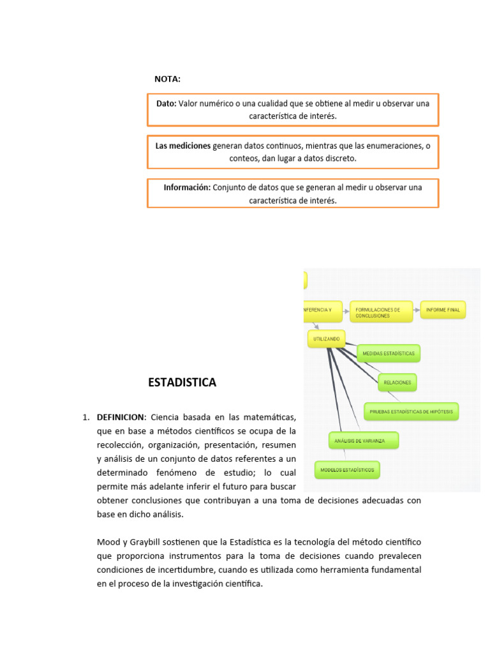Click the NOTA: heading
coord(167,79)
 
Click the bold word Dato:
coord(167,103)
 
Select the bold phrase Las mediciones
coord(182,146)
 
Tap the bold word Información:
coord(187,188)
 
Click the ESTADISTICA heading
coord(182,383)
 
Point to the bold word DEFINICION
coord(121,417)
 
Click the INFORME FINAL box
coord(443,310)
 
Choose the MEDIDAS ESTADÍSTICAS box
coord(389,353)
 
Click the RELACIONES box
coord(397,383)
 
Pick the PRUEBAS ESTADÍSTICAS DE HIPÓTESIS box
coord(412,412)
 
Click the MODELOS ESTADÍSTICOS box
coord(347,471)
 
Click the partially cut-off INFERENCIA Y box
coord(323,310)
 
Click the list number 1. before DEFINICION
coord(86,417)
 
